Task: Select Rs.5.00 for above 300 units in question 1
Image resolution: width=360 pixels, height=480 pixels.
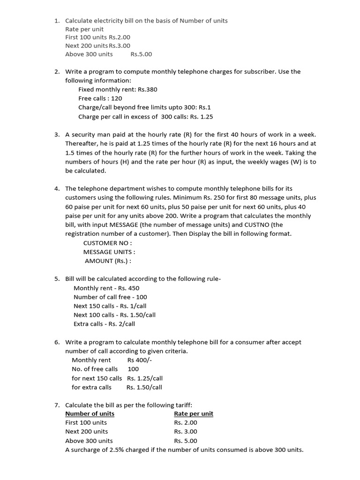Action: [x=141, y=54]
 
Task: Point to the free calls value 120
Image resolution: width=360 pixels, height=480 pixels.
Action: [x=117, y=98]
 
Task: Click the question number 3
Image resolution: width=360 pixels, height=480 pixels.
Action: [x=56, y=135]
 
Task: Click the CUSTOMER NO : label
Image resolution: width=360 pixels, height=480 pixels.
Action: [x=107, y=243]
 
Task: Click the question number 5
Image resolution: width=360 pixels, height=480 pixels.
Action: [x=56, y=279]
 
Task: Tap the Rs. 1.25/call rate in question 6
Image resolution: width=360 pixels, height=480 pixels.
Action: [x=145, y=378]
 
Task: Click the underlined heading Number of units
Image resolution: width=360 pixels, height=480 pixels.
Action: [x=90, y=413]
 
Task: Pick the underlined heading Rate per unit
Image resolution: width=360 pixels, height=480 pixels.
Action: [x=193, y=413]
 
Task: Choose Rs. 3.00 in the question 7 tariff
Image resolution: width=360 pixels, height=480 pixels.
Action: [x=186, y=432]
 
